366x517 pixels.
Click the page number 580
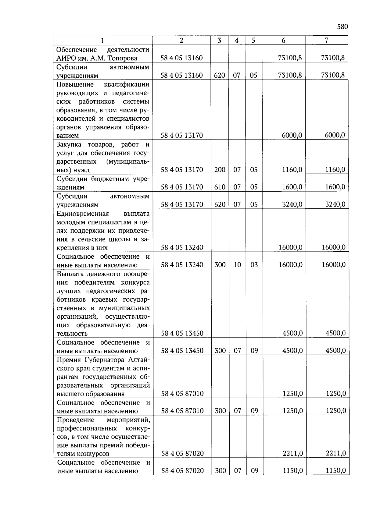(342, 27)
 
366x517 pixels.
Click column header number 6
(283, 41)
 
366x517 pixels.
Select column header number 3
(219, 41)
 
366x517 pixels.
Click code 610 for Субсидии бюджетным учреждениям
(220, 187)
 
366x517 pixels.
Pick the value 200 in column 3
(220, 170)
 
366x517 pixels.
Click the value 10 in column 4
(237, 265)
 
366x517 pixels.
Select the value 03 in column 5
(254, 265)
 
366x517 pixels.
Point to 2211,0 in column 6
(292, 453)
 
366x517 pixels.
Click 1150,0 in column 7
(335, 471)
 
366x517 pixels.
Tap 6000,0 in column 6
(292, 135)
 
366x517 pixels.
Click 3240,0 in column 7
(335, 204)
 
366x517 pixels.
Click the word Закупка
(69, 144)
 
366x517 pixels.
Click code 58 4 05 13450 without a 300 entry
(182, 333)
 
